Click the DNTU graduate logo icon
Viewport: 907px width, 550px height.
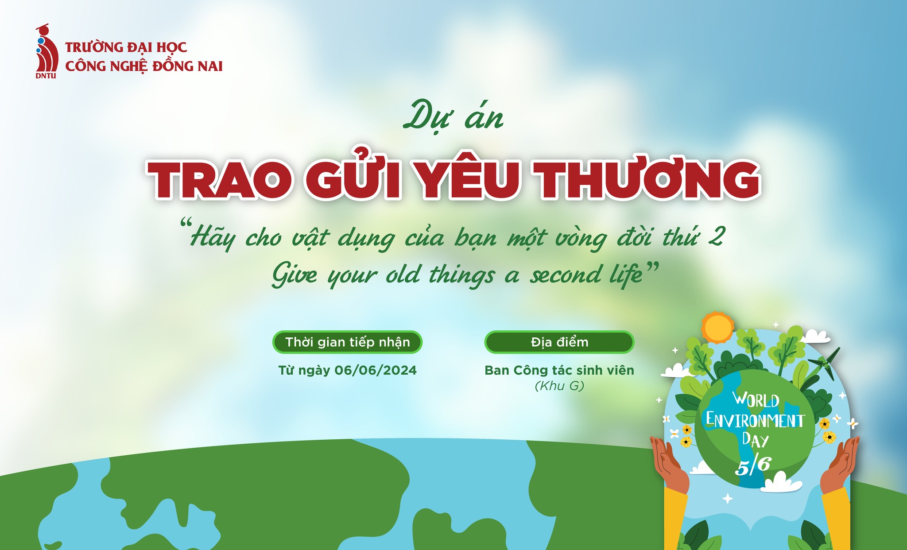47,51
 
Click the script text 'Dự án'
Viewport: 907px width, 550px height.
453,116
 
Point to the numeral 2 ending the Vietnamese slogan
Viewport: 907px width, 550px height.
716,236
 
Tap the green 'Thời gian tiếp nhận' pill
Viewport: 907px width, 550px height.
347,342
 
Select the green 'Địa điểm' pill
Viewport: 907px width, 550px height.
559,342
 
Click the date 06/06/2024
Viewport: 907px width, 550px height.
376,370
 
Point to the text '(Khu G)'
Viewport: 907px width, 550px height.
559,386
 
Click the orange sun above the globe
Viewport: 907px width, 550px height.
717,328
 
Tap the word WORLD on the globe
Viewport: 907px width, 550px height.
756,399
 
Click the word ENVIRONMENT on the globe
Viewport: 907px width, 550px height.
755,420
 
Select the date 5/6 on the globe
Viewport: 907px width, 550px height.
753,465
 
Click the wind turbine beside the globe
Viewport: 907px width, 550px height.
824,361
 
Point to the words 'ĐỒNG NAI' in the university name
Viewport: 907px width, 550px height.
187,66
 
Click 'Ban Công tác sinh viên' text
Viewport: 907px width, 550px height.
559,370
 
